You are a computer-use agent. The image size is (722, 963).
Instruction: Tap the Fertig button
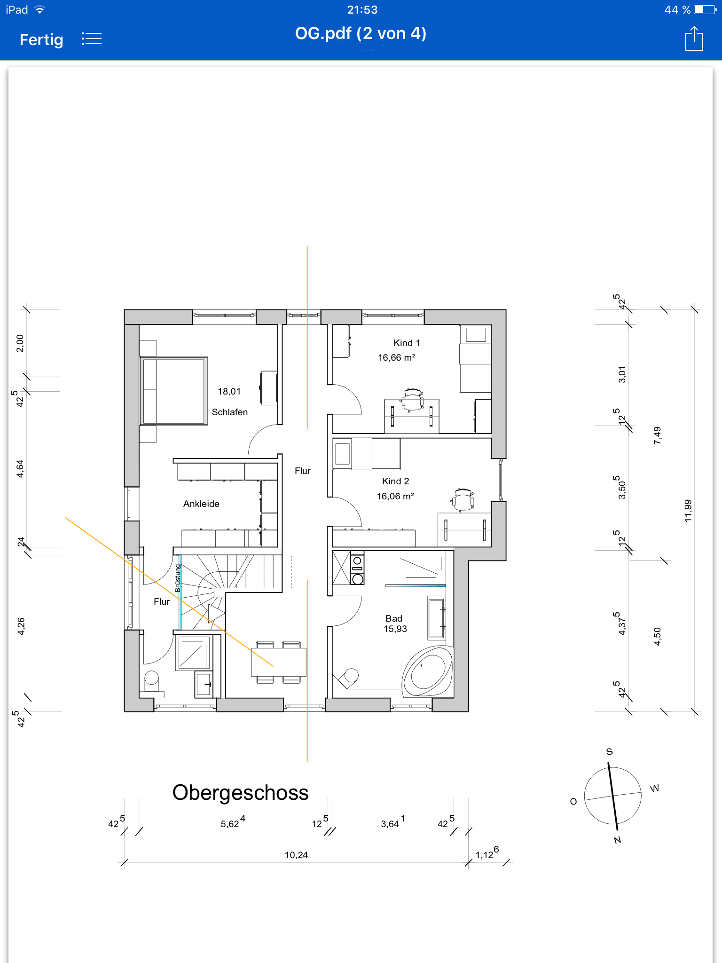(x=41, y=39)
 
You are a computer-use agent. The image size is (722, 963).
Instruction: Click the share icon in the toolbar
(x=694, y=39)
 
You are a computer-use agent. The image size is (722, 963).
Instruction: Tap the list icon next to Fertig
(x=91, y=39)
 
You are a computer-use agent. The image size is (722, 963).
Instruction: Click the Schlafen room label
(x=229, y=412)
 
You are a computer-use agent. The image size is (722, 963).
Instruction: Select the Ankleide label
(x=201, y=504)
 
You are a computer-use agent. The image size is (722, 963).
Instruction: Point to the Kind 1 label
(x=407, y=343)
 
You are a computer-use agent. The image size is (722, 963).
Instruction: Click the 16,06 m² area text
(x=395, y=496)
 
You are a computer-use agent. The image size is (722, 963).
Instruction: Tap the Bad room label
(x=394, y=618)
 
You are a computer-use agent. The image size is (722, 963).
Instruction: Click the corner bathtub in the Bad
(x=427, y=671)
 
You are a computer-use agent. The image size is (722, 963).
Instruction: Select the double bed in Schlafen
(x=173, y=391)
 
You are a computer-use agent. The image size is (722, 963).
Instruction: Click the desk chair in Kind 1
(x=412, y=400)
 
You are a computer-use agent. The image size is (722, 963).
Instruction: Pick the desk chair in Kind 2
(x=463, y=499)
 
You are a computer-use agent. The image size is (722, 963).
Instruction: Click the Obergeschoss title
(x=240, y=792)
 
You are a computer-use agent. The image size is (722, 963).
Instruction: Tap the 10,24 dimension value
(x=296, y=855)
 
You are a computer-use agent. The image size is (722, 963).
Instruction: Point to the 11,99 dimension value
(x=688, y=511)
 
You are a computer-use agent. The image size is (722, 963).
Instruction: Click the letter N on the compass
(x=618, y=840)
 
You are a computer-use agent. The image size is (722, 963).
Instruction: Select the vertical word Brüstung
(x=178, y=578)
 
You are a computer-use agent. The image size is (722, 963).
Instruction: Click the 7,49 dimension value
(x=657, y=435)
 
